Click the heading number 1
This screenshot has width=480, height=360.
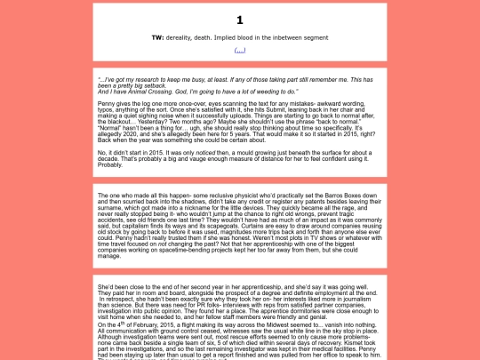coord(240,20)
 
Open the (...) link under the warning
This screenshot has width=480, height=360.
coord(240,50)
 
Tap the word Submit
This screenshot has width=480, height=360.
coord(299,109)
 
